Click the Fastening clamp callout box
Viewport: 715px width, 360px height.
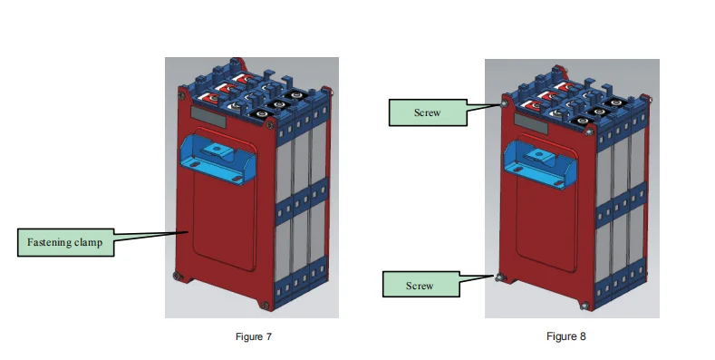click(65, 242)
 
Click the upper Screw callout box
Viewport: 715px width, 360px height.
click(428, 112)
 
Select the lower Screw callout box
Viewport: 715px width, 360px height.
click(420, 284)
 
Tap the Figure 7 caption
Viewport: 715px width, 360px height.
click(254, 336)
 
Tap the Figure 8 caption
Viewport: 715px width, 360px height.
click(565, 336)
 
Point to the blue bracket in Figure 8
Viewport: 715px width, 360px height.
click(540, 164)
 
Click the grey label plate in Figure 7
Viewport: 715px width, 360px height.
click(208, 117)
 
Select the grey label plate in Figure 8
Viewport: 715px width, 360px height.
click(531, 123)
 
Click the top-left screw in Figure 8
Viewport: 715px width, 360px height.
click(504, 104)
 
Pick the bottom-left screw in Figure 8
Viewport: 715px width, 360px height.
click(498, 277)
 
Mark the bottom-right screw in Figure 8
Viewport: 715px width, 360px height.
click(585, 306)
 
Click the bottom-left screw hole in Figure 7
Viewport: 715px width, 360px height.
click(178, 276)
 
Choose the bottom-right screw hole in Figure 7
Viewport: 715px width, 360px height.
click(265, 305)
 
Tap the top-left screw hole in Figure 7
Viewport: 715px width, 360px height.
click(181, 95)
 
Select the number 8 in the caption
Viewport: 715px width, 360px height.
click(583, 336)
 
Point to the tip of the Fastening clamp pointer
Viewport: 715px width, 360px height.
click(188, 232)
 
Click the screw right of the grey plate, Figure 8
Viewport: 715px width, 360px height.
click(589, 131)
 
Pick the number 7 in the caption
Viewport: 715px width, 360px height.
click(269, 336)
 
